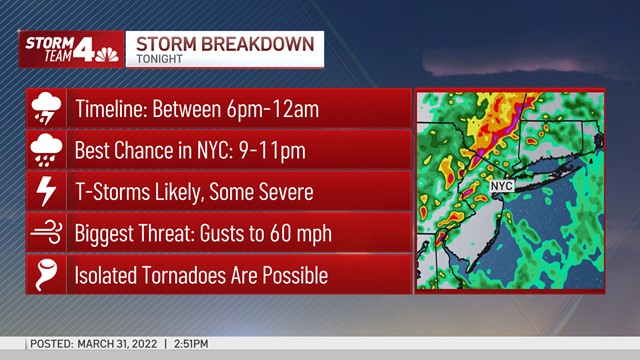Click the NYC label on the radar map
click(501, 186)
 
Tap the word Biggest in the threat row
click(105, 232)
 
